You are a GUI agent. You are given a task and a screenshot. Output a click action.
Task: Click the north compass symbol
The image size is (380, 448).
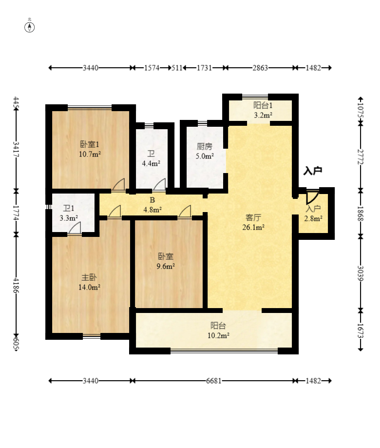[29, 27]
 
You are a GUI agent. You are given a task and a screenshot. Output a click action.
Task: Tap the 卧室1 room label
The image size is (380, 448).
[90, 144]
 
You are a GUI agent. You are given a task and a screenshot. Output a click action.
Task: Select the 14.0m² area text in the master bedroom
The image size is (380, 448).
[89, 287]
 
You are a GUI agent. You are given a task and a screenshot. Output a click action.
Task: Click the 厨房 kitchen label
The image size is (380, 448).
[205, 147]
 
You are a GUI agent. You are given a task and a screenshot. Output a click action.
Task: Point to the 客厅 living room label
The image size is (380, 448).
[253, 218]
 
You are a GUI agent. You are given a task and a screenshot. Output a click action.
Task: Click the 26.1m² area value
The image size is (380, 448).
[253, 228]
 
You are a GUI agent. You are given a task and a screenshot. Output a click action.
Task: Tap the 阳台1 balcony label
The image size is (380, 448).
[263, 105]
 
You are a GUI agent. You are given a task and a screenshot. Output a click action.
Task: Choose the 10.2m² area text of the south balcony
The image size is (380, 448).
[218, 335]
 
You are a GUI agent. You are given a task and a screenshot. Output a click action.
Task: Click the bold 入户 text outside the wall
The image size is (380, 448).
[313, 171]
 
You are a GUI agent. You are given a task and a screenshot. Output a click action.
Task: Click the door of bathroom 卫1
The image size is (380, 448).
[75, 229]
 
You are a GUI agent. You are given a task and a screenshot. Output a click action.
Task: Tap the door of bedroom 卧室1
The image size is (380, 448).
[118, 185]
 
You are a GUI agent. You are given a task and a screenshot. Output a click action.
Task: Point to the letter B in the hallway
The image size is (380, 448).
[152, 200]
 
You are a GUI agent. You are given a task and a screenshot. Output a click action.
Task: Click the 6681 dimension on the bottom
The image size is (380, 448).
[214, 381]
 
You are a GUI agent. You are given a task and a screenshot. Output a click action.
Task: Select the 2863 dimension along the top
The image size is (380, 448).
[260, 68]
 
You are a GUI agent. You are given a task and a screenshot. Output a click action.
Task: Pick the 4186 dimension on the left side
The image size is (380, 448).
[16, 285]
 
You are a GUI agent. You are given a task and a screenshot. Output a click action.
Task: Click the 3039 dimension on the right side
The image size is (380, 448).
[361, 273]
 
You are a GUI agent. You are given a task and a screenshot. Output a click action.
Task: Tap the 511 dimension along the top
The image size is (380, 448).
[177, 68]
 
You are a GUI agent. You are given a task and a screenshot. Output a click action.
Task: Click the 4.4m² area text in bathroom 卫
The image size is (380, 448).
[151, 163]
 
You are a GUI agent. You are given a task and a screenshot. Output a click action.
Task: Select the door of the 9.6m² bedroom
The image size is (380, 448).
[185, 212]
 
